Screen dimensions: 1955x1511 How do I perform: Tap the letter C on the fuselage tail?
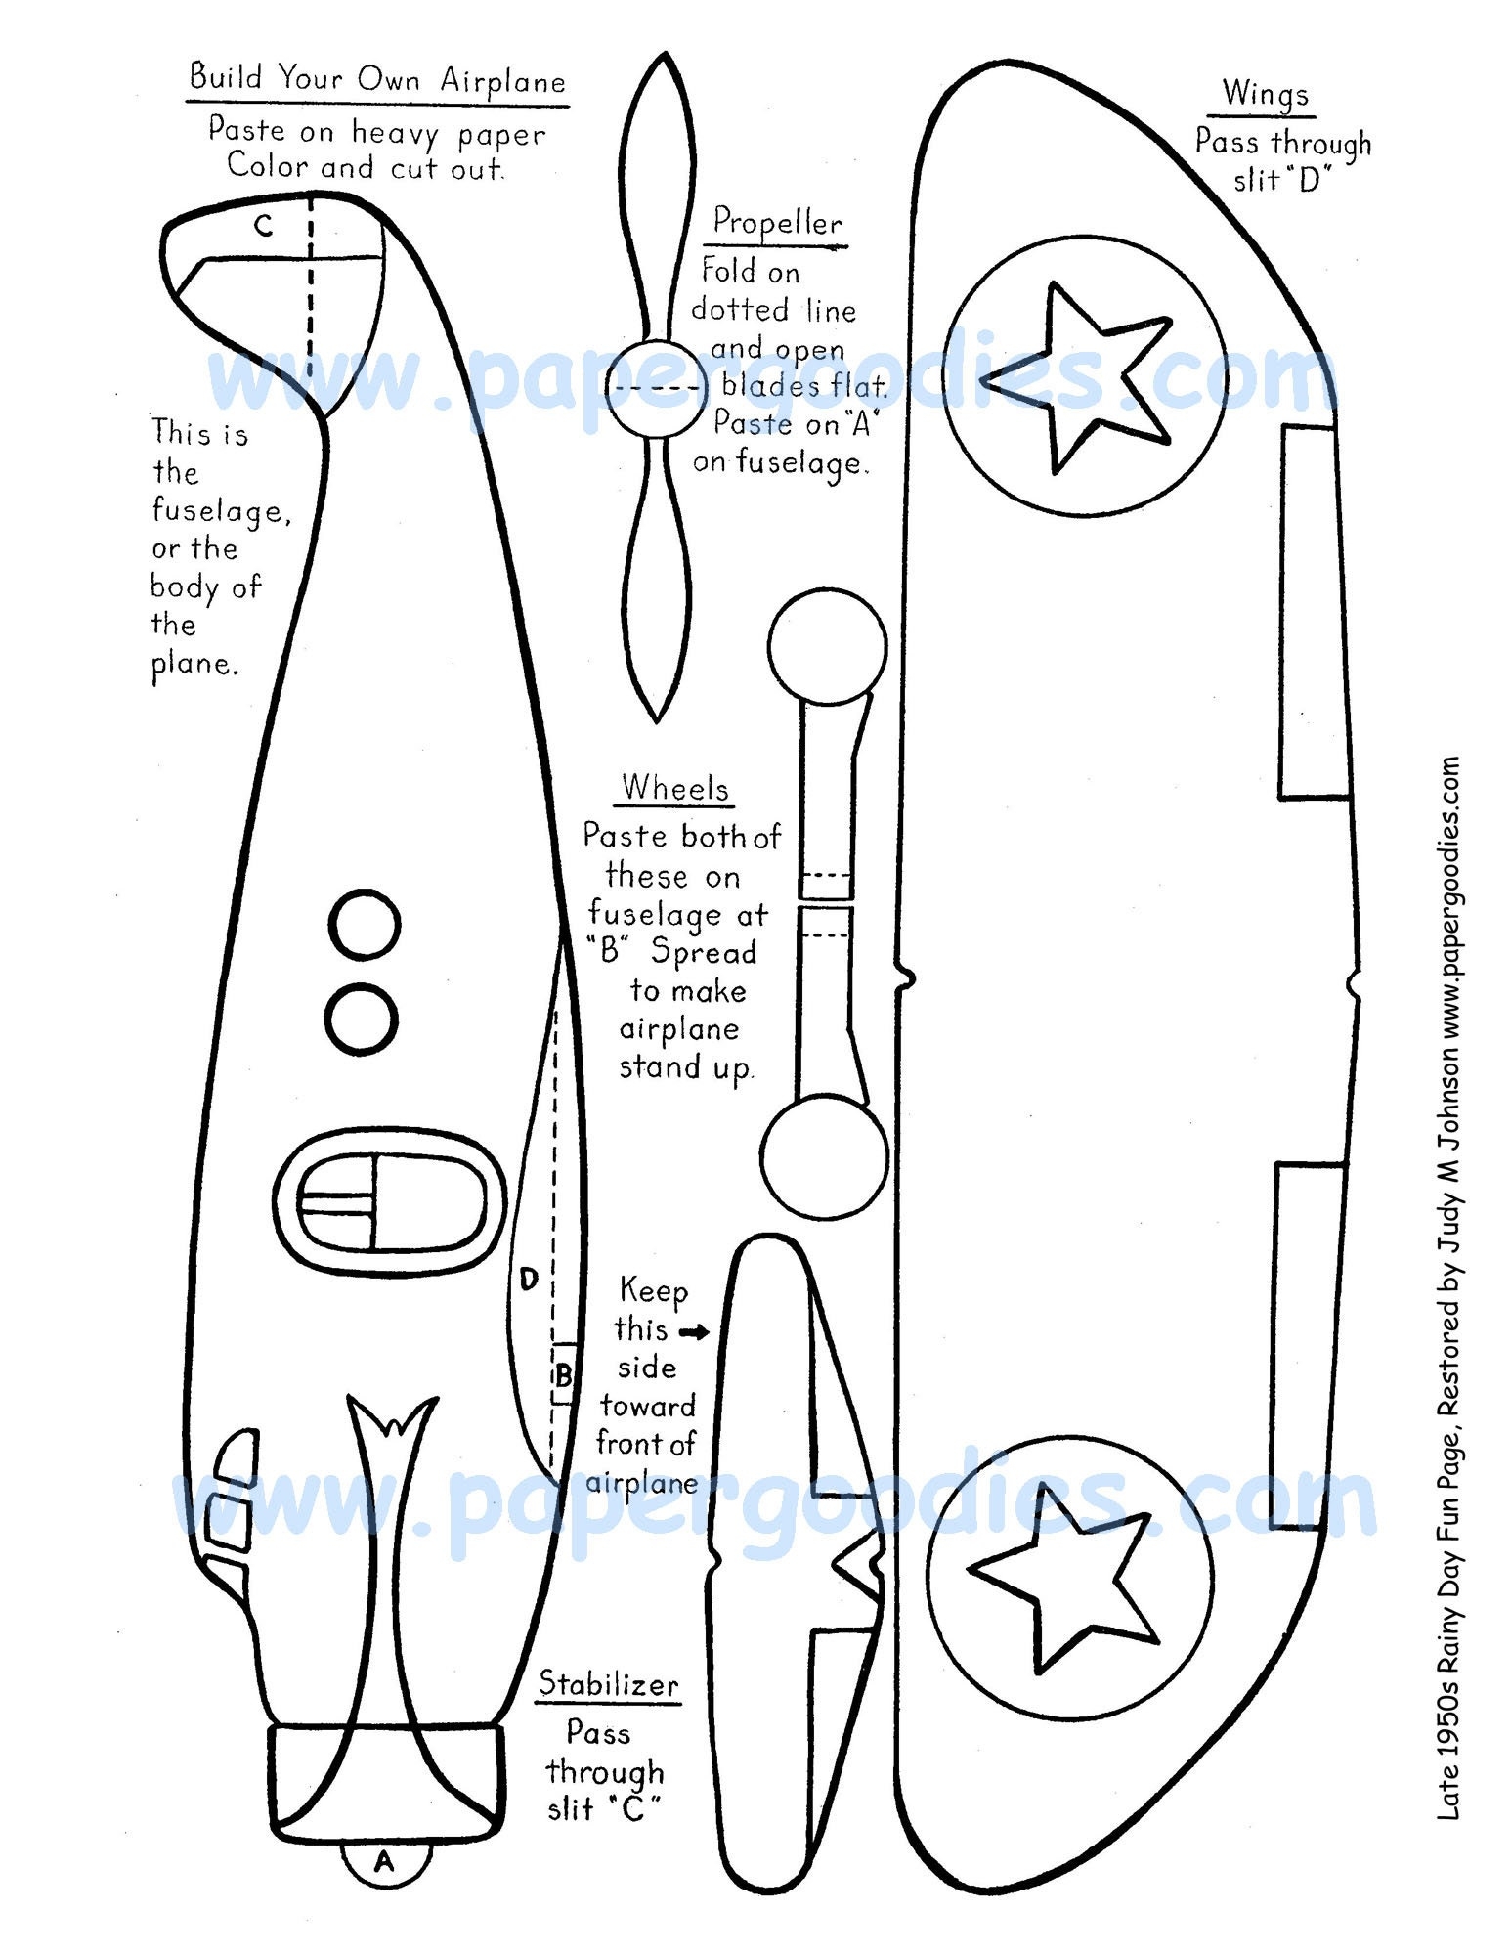(x=263, y=227)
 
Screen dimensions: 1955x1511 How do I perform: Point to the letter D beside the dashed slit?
(x=529, y=1280)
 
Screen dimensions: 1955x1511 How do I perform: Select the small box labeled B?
(x=563, y=1376)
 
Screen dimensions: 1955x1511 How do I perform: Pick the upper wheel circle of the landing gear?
(x=827, y=646)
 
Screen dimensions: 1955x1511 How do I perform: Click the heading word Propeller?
(x=777, y=222)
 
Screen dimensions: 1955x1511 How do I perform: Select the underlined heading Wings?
(x=1265, y=94)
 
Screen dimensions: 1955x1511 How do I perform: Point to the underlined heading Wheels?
(x=675, y=788)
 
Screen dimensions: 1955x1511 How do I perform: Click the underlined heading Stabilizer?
(x=609, y=1684)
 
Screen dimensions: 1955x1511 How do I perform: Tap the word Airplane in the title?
(x=502, y=80)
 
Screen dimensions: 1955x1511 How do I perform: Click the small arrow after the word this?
(x=695, y=1331)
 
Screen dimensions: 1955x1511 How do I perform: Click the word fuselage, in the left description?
(x=221, y=511)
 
